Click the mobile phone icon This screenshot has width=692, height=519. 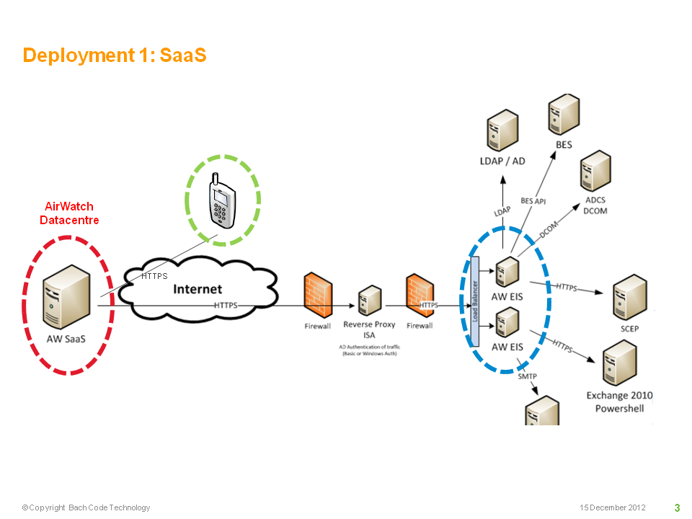[x=222, y=201]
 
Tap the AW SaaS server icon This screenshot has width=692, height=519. [x=66, y=297]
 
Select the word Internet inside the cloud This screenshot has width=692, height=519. [x=198, y=289]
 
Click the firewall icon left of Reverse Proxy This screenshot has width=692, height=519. [x=318, y=295]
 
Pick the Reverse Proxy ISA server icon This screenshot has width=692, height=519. [x=370, y=300]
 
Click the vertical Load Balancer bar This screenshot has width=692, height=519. [x=475, y=301]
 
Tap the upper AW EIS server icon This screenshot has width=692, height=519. [x=507, y=272]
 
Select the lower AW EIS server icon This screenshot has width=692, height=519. [x=507, y=323]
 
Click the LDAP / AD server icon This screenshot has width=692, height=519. [x=502, y=130]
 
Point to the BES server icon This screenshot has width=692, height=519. [x=564, y=115]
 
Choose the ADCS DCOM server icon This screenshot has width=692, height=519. [x=595, y=172]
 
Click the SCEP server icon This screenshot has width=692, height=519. [x=630, y=297]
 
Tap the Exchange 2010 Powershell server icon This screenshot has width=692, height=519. [x=620, y=363]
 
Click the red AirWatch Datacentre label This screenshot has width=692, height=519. [x=69, y=213]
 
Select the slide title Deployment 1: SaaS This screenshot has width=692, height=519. [x=115, y=56]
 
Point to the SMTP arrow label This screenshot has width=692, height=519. [x=528, y=376]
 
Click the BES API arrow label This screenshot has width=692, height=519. [x=533, y=201]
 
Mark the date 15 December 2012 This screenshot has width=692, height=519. [x=613, y=507]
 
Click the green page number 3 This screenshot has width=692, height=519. [x=677, y=507]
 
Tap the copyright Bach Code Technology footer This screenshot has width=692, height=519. [x=86, y=507]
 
